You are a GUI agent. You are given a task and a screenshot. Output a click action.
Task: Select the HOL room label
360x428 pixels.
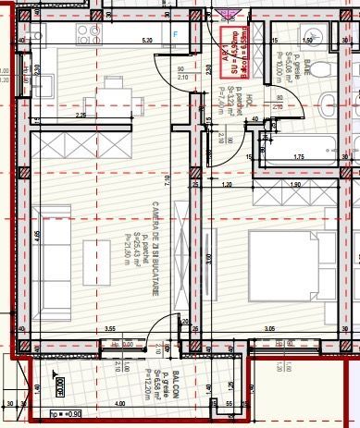coord(239,95)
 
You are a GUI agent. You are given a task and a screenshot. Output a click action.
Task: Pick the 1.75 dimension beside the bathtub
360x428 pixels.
coord(299,158)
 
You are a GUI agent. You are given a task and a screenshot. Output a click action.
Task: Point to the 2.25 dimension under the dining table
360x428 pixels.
coord(81,116)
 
